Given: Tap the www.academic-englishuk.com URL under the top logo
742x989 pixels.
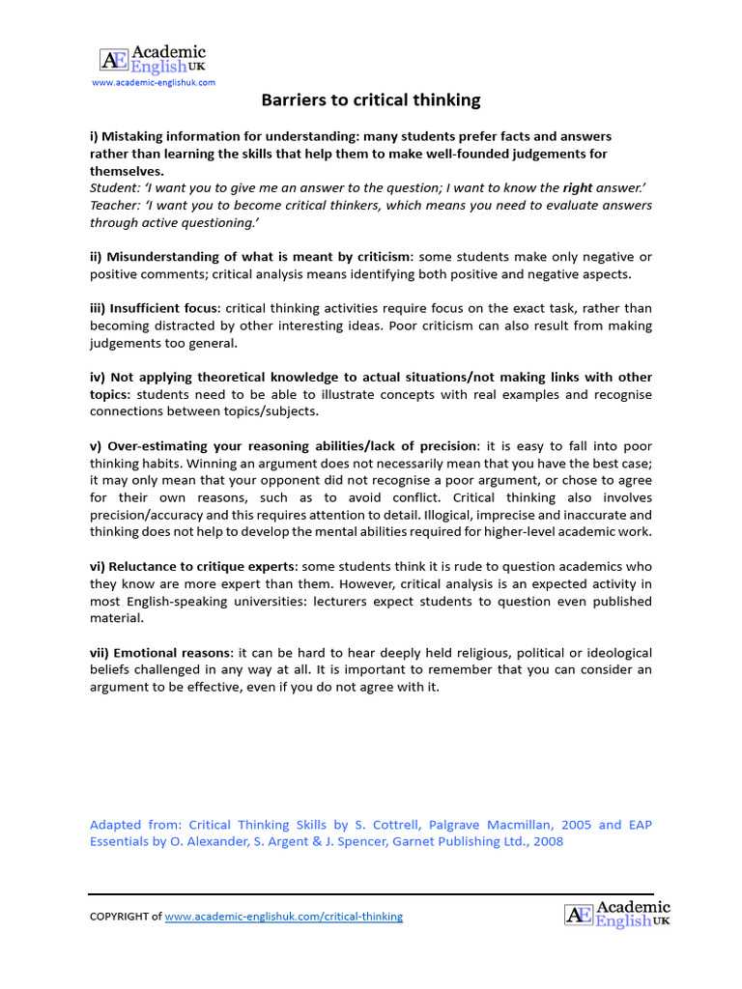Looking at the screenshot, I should click(154, 83).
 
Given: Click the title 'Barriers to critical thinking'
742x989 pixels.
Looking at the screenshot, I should click(371, 100).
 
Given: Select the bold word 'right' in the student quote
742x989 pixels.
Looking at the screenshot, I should click(578, 188).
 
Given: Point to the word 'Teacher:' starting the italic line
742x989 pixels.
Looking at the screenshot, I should click(116, 206).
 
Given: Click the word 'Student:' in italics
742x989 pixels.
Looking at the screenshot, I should click(116, 188).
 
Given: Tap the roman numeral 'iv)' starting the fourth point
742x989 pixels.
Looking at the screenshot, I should click(99, 377).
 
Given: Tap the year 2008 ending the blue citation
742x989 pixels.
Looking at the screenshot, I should click(548, 841).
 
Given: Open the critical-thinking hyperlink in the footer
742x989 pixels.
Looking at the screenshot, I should click(284, 917).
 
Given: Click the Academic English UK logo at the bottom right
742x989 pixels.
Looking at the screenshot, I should click(617, 913).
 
